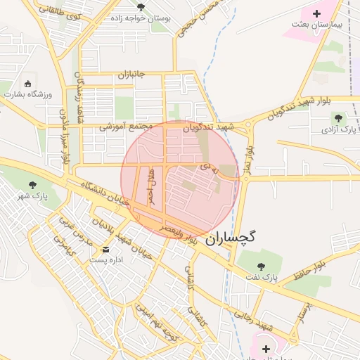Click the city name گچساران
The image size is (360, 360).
click(x=231, y=238)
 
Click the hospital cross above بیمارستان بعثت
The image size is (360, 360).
click(x=316, y=13)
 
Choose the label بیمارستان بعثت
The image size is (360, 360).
click(x=316, y=24)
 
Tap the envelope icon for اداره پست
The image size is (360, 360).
click(x=106, y=249)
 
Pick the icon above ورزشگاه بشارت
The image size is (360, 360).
click(x=28, y=83)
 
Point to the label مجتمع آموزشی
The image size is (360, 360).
click(x=127, y=127)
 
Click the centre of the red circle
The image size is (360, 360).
click(x=180, y=179)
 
